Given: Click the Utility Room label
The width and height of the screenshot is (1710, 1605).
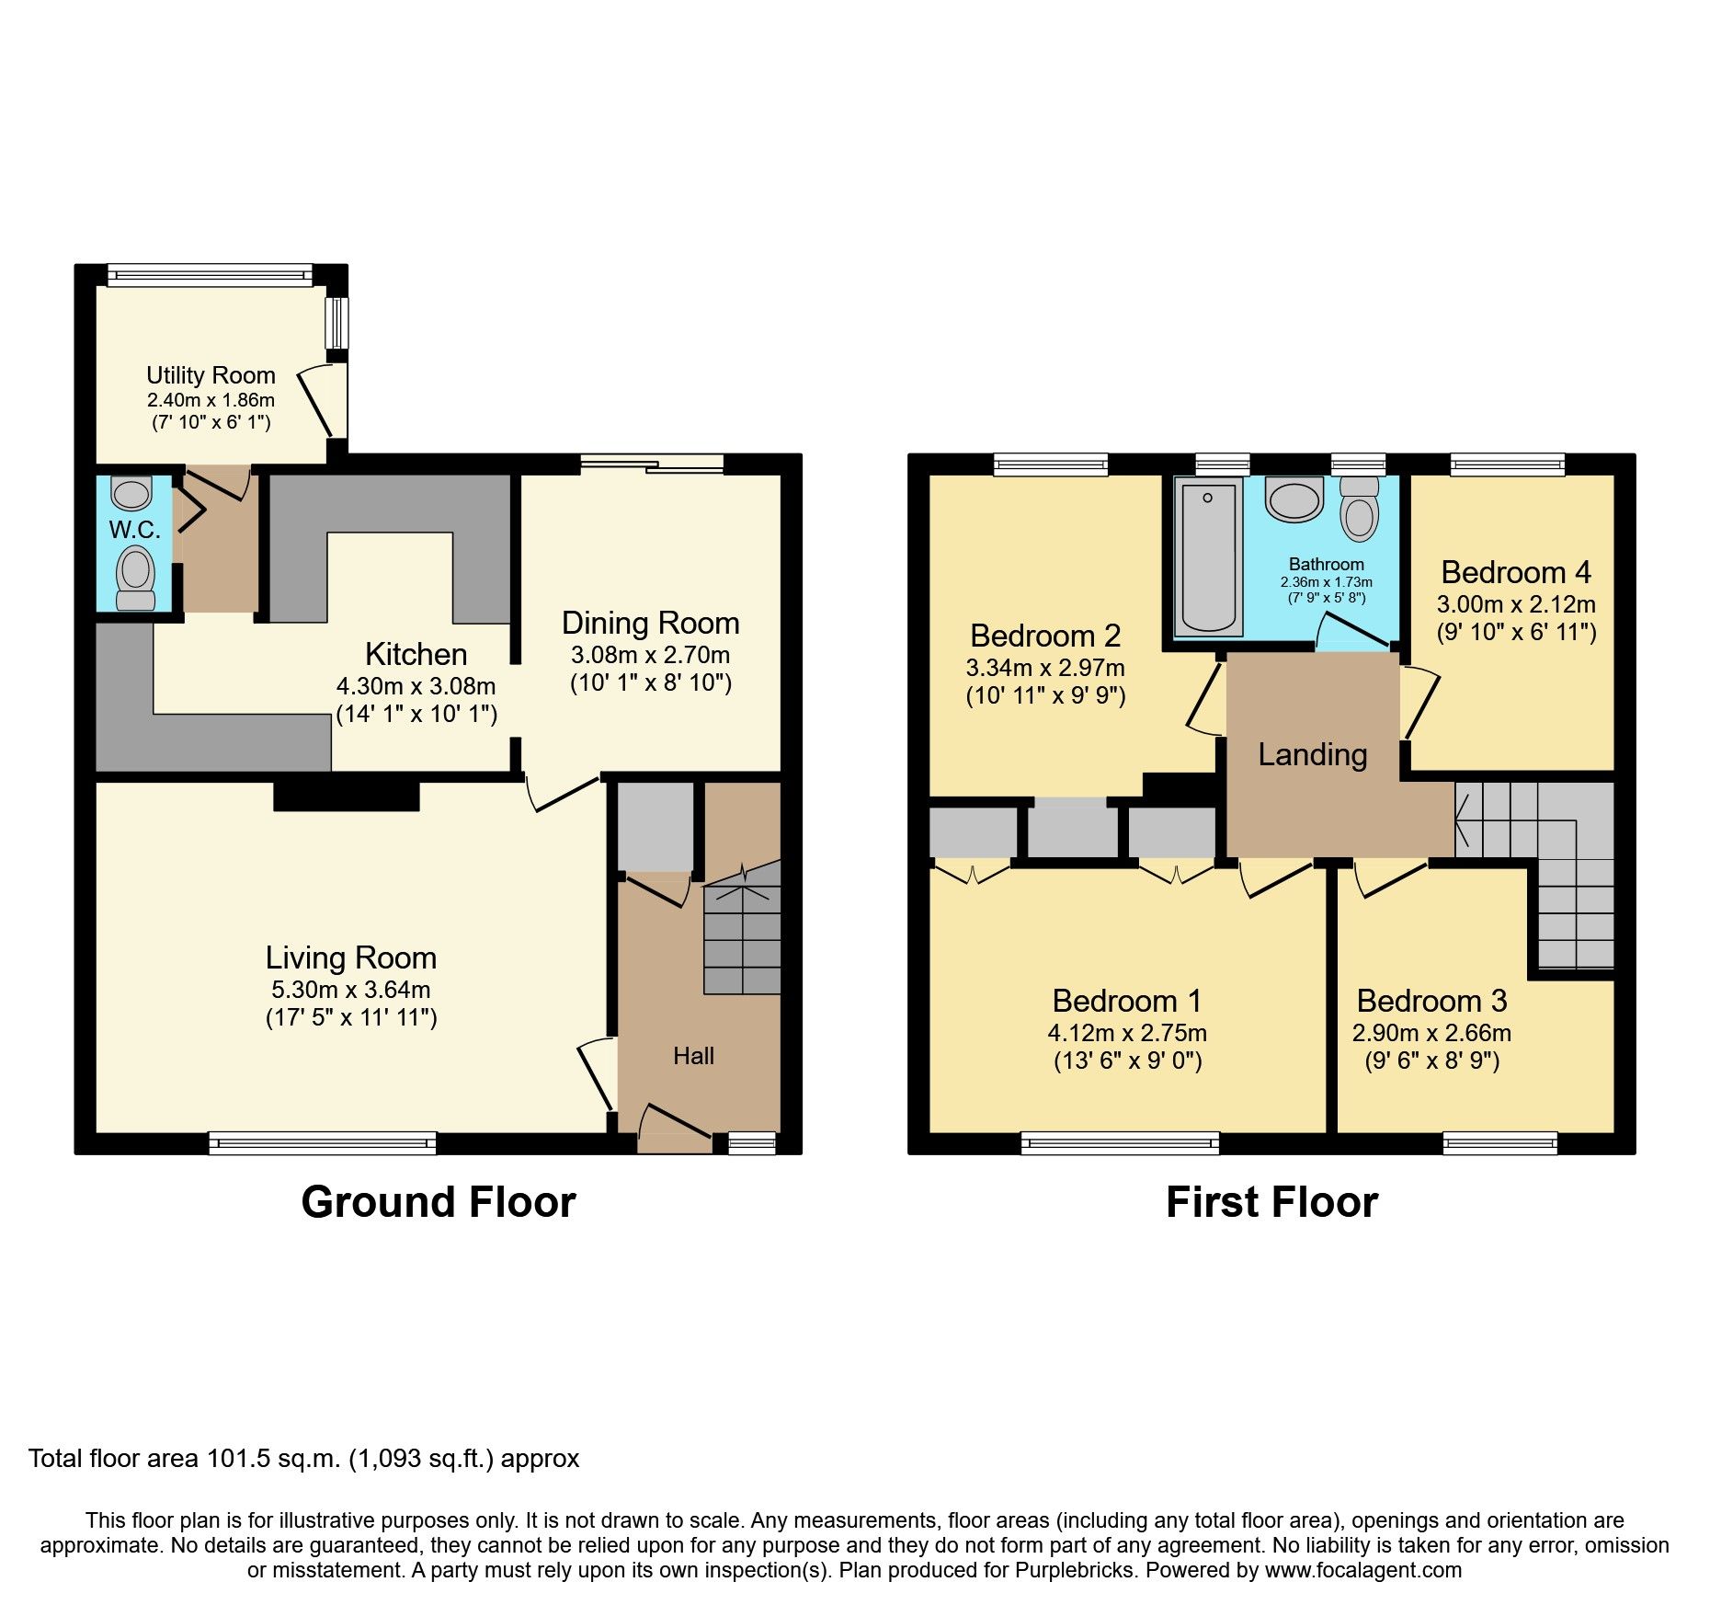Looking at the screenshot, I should (211, 375).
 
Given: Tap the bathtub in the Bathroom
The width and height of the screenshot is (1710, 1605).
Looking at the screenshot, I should (1208, 556).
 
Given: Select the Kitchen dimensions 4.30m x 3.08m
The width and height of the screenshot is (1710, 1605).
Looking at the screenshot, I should (416, 686).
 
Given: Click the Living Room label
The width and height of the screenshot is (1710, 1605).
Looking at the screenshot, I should (350, 958).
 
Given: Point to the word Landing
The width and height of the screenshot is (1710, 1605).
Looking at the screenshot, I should (1312, 755).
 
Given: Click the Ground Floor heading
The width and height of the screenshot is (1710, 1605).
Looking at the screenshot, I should (439, 1202).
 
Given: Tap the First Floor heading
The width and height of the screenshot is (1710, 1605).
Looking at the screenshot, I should (1271, 1202).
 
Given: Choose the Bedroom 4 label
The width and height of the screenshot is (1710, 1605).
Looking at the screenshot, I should (1515, 573).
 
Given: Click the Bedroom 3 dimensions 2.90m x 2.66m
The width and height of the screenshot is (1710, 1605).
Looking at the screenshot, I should (1431, 1033).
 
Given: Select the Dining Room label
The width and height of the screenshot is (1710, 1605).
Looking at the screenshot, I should (650, 624).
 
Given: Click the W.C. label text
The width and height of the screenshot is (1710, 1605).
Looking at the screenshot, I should (134, 530).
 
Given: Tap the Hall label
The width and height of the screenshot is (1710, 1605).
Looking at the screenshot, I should (693, 1056).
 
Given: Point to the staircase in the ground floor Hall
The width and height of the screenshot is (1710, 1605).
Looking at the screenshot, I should (742, 934).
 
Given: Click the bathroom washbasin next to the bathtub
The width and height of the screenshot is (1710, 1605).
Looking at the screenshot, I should (1294, 499).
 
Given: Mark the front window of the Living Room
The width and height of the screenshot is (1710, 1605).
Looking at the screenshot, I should (323, 1143).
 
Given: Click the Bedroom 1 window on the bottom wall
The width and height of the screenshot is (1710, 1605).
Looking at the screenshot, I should (1120, 1143).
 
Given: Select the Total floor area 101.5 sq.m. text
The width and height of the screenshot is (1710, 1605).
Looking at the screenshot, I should (303, 1459).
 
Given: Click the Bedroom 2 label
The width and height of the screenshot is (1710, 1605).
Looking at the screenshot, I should (1045, 636).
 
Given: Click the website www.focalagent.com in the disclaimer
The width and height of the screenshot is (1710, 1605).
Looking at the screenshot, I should (1362, 1570).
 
